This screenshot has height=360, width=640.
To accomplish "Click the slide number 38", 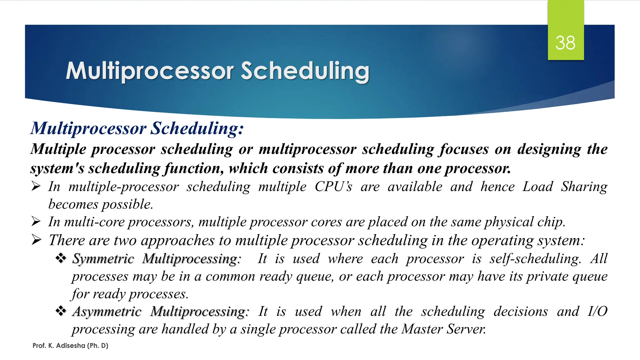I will (x=565, y=43).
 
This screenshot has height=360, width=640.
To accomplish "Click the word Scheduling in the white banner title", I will (x=305, y=71).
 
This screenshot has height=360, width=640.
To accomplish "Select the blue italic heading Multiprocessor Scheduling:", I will (x=137, y=128).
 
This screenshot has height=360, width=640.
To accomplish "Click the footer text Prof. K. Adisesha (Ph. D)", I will (x=70, y=346).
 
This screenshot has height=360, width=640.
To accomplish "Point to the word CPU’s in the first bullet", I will (x=333, y=187).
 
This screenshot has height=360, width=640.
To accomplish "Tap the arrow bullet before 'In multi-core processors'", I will (x=36, y=222).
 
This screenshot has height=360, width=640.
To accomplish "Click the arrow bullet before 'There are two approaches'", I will (x=36, y=240).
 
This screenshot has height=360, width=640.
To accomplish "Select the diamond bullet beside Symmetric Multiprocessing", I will (x=61, y=258).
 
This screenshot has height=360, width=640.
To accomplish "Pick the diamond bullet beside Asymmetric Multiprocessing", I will (x=61, y=311).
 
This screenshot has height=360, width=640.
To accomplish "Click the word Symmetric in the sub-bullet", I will (x=103, y=259).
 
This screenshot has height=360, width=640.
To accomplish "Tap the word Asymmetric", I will (x=107, y=312).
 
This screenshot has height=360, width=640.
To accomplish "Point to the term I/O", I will (x=597, y=312).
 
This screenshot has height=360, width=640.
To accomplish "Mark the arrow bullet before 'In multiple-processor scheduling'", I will (x=36, y=187).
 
